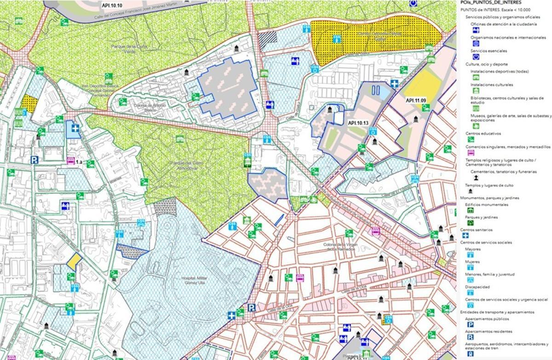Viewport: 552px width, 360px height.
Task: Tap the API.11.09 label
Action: (415, 100)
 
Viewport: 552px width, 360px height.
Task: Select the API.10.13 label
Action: (358, 123)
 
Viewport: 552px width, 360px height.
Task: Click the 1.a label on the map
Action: (79, 162)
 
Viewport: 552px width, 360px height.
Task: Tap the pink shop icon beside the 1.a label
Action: (70, 161)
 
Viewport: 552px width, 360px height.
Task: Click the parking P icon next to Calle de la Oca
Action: (251, 308)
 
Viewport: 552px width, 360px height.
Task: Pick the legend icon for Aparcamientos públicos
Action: (471, 325)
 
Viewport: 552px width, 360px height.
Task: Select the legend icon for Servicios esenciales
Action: (476, 57)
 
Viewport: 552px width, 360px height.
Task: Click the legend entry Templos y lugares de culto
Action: (489, 186)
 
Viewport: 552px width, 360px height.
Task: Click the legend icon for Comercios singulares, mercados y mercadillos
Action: (471, 152)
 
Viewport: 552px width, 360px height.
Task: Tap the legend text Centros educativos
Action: (483, 134)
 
